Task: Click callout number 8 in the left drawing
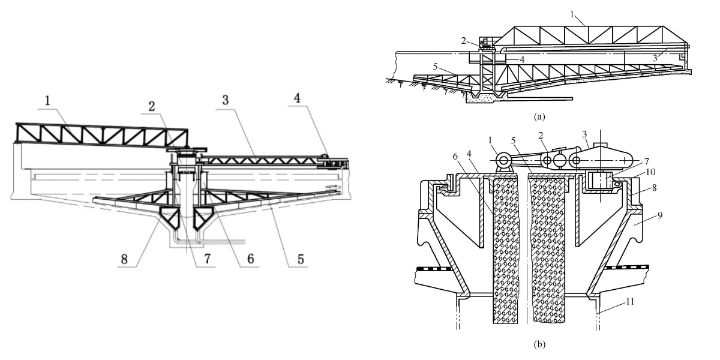click(124, 259)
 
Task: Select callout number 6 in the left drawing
click(250, 259)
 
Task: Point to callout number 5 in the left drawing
click(301, 259)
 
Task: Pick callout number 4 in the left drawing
click(298, 98)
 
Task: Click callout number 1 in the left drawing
click(47, 101)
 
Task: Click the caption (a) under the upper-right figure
click(539, 116)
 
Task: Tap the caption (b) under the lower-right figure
click(539, 344)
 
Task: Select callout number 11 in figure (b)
click(629, 302)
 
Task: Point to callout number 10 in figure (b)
click(650, 172)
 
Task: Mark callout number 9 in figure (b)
click(660, 215)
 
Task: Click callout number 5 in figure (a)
click(435, 67)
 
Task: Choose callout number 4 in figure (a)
click(522, 59)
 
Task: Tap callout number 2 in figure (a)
click(463, 41)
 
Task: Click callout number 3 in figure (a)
click(655, 58)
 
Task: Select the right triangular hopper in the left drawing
click(203, 218)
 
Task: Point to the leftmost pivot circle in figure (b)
click(503, 160)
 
